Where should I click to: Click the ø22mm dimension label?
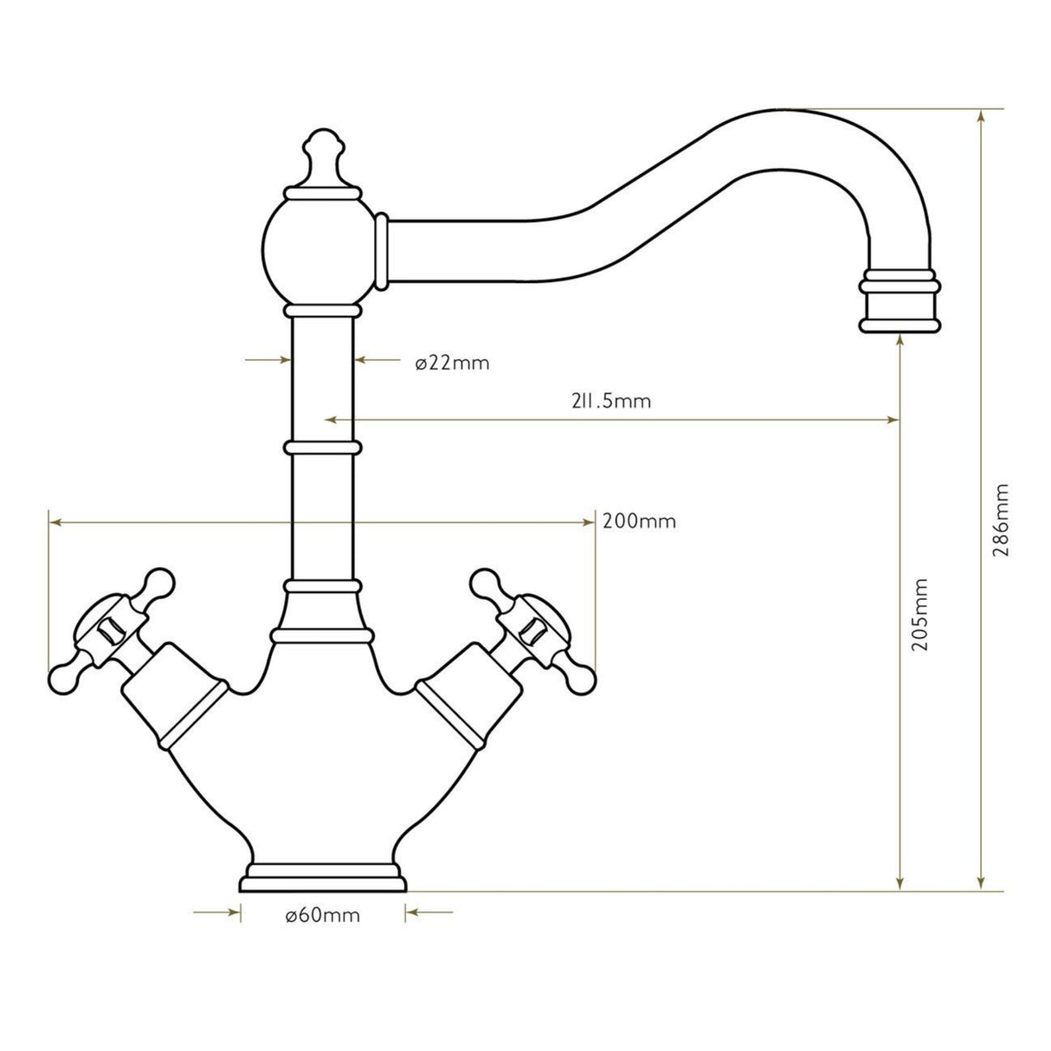click(x=452, y=363)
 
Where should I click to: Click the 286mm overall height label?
click(x=1002, y=519)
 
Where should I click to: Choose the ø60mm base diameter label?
click(x=322, y=915)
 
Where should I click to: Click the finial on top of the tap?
click(x=321, y=158)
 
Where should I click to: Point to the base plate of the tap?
click(x=322, y=878)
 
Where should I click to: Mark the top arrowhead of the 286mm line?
click(x=981, y=116)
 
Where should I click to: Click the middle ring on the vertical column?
click(x=321, y=448)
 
